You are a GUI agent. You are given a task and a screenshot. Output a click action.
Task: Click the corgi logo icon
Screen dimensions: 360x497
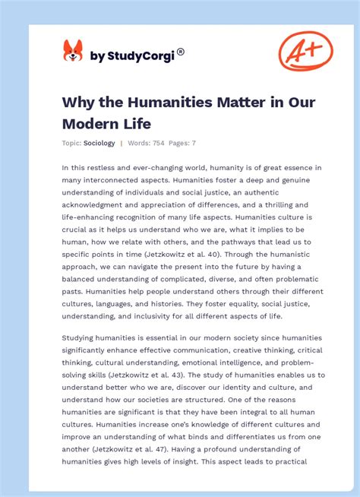(73, 51)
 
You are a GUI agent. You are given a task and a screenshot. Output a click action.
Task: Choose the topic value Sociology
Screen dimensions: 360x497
(99, 143)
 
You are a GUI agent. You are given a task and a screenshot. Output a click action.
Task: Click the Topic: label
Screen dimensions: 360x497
(71, 143)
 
